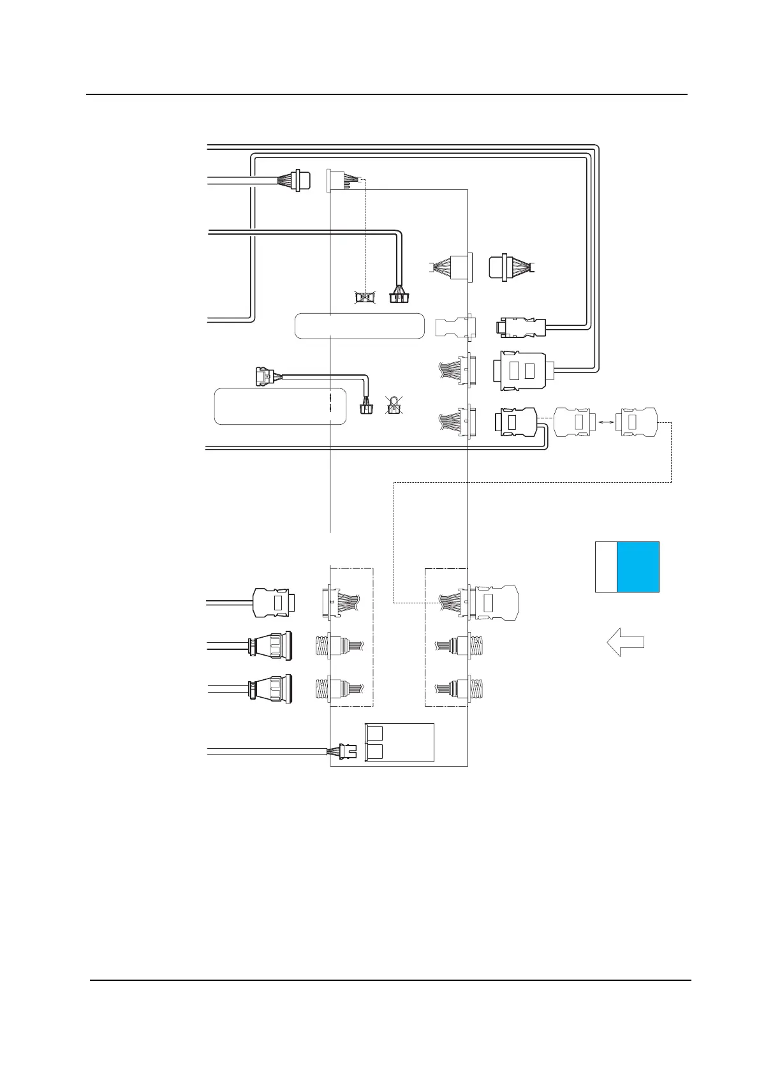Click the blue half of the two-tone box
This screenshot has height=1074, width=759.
[638, 567]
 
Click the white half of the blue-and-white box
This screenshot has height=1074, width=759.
[606, 567]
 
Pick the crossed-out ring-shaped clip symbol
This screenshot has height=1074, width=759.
[394, 404]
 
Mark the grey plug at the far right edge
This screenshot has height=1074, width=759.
[637, 422]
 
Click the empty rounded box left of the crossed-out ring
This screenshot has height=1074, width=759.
[279, 406]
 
